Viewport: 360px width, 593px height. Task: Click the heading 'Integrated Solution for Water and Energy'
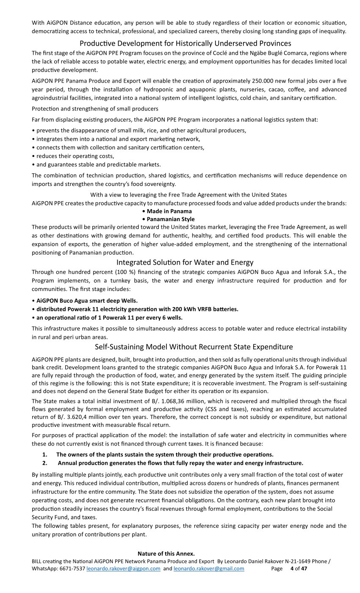(185, 262)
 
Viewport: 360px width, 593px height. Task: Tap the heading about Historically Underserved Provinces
(185, 43)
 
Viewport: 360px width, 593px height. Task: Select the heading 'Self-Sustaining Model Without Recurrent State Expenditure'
(194, 347)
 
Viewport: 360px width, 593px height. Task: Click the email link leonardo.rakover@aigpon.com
(123, 568)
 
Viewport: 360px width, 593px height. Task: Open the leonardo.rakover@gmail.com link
(209, 568)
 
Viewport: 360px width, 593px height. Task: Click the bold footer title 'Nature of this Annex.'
(166, 554)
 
